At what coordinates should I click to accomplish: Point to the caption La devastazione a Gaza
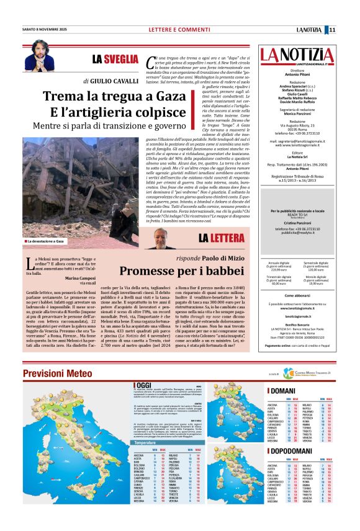47,241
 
